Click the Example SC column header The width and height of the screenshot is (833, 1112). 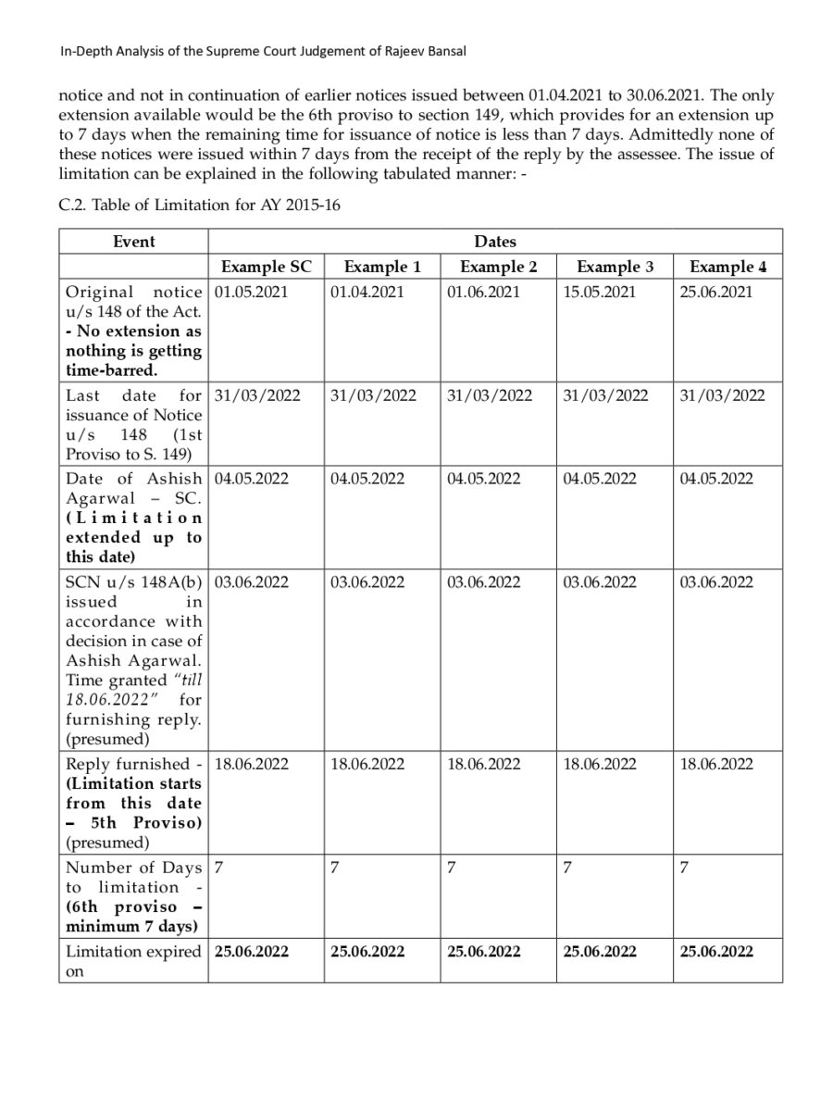point(267,267)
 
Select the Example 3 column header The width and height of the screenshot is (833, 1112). point(615,267)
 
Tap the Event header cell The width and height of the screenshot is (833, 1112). point(134,241)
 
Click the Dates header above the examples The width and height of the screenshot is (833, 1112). point(495,241)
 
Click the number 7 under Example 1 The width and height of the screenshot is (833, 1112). point(334,868)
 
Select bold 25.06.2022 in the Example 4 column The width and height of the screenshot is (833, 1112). point(716,951)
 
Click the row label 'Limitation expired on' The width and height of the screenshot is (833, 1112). point(132,961)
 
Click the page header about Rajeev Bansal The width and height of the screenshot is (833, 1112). point(263,53)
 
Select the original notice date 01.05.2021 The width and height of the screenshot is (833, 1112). point(252,292)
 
